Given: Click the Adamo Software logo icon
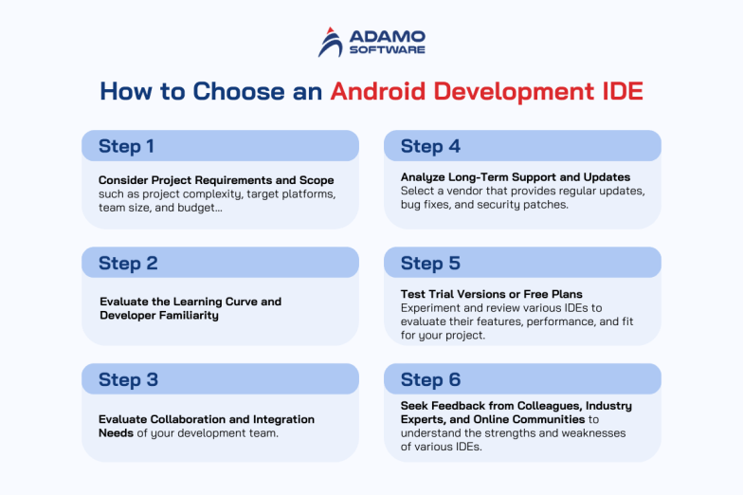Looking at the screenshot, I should click(331, 42).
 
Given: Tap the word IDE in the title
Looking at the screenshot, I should click(618, 92).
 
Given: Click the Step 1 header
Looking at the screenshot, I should click(127, 146).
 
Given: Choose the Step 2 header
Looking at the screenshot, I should click(128, 263).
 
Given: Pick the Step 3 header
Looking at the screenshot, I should click(128, 379).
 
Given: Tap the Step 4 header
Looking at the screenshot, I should click(430, 146).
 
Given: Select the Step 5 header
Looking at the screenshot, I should click(430, 263).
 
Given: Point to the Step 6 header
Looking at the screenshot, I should click(430, 379).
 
